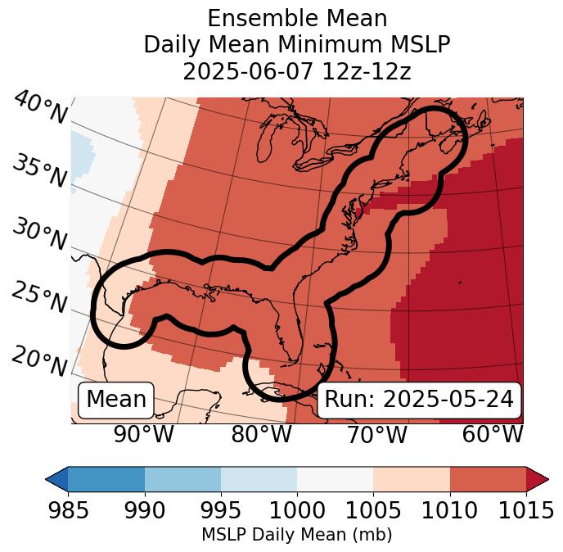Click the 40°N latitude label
coord(40,108)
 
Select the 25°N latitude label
coord(39,298)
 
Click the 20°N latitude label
coord(39,360)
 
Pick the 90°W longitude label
coord(143,434)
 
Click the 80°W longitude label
coord(261,434)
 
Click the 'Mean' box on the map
coord(116,400)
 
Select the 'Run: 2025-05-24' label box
coord(419,400)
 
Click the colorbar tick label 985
coord(68,510)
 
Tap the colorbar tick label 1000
coord(297,510)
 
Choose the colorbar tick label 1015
coord(525,510)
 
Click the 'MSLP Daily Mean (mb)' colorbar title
coord(296,535)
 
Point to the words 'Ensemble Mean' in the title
coord(297,18)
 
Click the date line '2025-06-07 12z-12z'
coord(297,72)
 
